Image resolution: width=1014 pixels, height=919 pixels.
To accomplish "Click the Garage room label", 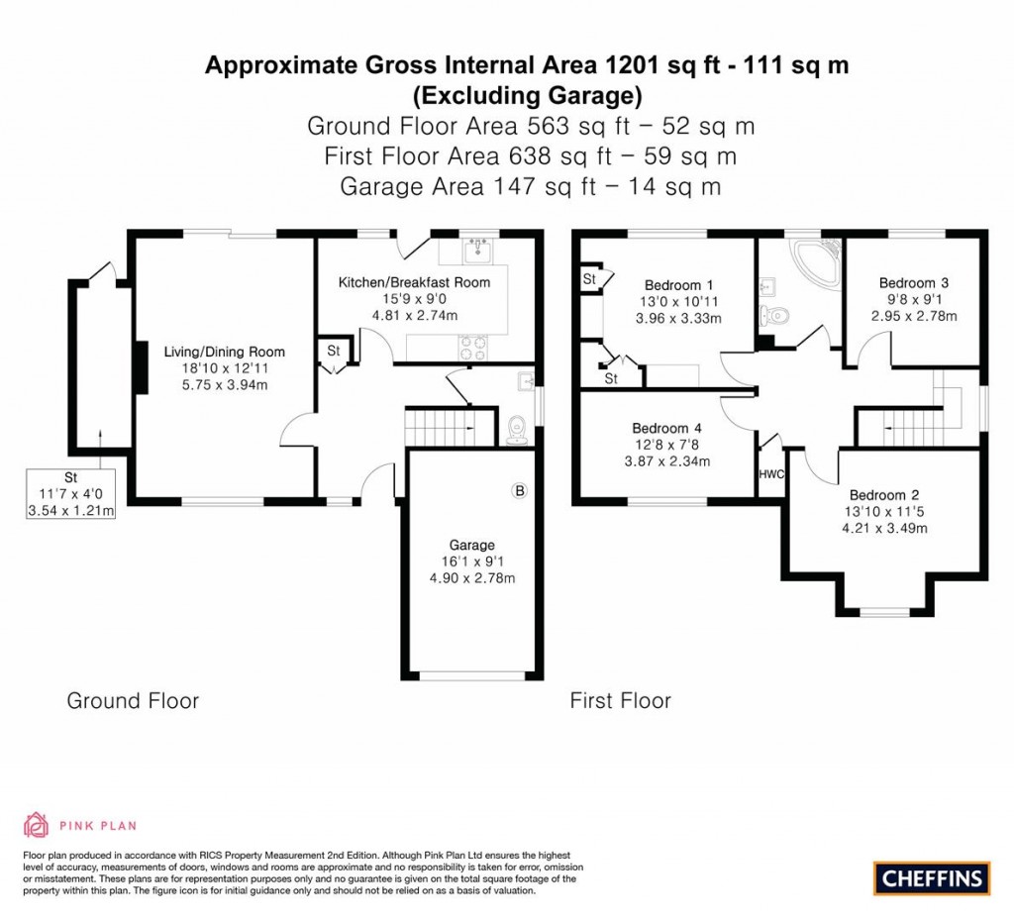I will [470, 545].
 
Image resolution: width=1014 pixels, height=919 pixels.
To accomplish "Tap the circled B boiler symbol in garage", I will [518, 490].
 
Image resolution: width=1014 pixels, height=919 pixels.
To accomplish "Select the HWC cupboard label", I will [770, 474].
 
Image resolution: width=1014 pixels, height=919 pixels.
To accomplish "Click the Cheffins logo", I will [932, 876].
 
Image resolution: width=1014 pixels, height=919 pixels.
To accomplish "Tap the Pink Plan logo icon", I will [37, 825].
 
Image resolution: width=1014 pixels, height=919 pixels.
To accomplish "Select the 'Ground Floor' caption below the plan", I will [133, 701].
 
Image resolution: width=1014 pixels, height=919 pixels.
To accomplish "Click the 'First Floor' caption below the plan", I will [620, 701].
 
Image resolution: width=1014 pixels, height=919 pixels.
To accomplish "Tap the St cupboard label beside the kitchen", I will [333, 351].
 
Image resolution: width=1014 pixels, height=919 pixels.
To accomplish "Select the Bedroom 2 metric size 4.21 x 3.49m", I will [883, 528].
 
